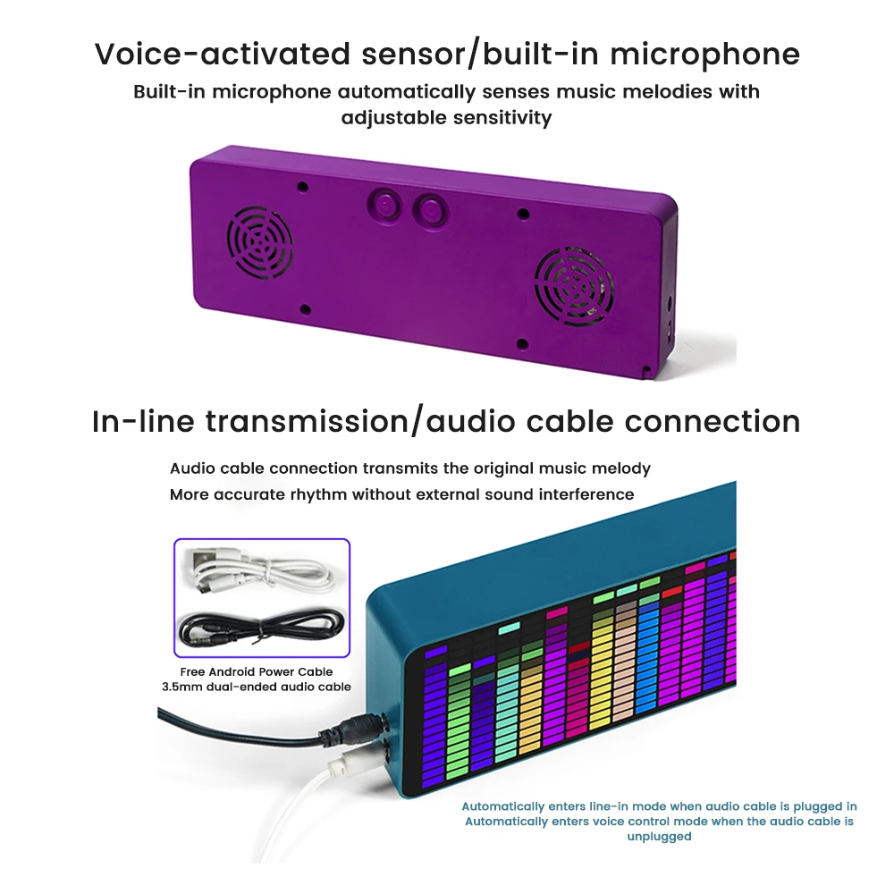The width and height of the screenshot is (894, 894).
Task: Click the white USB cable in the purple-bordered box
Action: [259, 569]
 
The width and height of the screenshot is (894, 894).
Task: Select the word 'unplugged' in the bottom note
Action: [659, 836]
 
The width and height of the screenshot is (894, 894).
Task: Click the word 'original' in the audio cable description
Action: [524, 468]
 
